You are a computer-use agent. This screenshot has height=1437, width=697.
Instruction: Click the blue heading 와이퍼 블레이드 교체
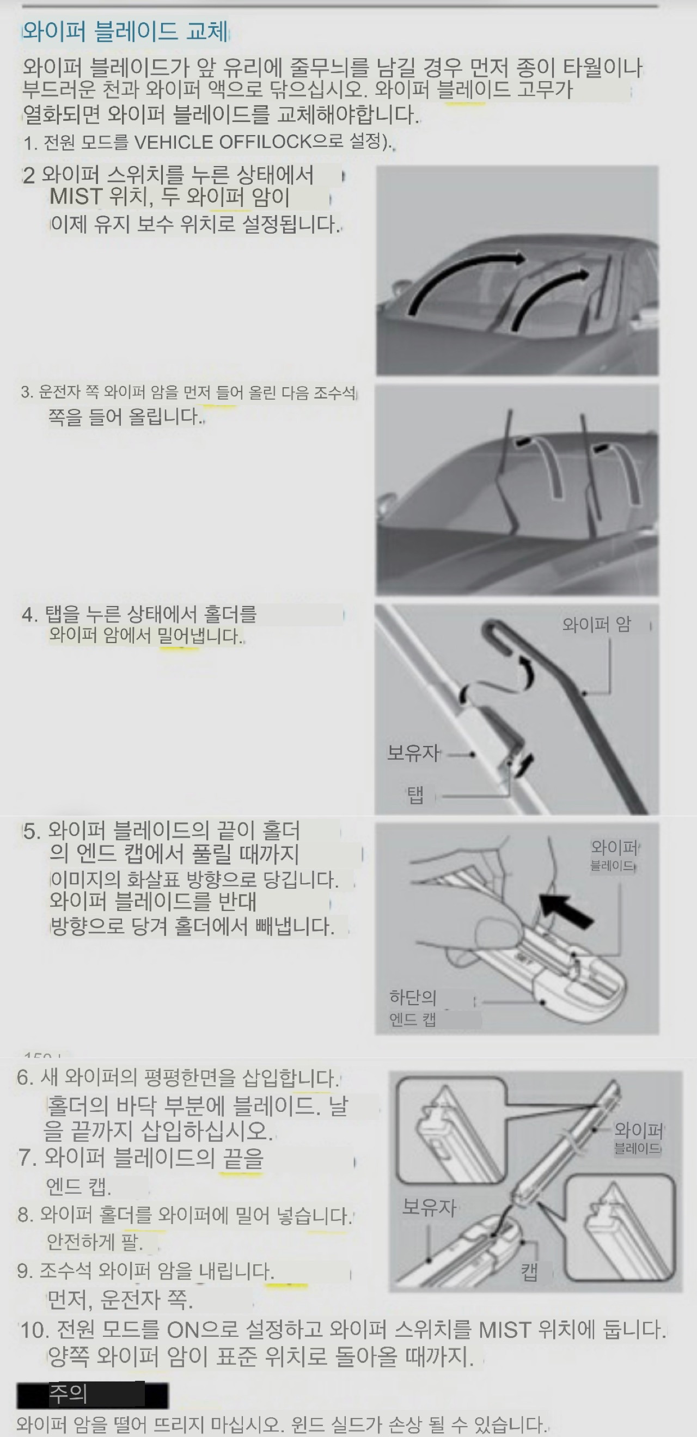coord(125,31)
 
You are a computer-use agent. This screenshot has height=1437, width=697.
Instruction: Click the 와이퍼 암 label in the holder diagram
coord(597,624)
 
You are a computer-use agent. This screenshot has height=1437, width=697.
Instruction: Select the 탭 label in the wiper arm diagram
coord(415,795)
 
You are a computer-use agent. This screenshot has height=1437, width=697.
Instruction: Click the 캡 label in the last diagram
coord(530,1272)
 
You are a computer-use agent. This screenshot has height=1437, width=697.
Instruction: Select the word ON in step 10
coord(182,1330)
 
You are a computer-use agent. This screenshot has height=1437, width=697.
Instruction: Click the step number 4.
coord(29,615)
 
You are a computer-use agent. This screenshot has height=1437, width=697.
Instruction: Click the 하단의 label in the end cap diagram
coord(413,997)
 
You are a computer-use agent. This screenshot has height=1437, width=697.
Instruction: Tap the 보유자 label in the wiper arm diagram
coord(413,753)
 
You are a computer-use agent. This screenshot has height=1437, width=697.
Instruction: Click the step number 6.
coord(25,1077)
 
